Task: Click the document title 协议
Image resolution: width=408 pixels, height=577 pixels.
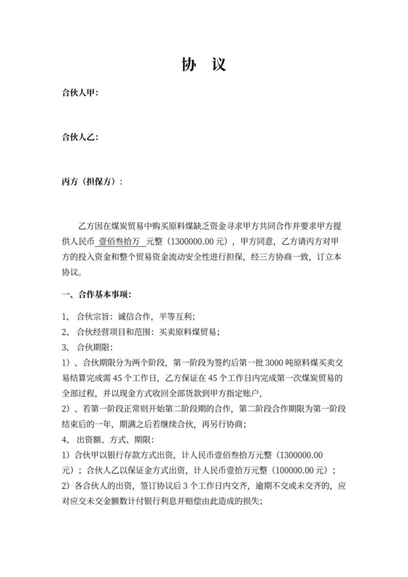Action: pos(203,66)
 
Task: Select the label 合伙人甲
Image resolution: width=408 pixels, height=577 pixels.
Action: pos(79,94)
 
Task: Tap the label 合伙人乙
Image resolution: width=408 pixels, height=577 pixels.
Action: pos(79,137)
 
